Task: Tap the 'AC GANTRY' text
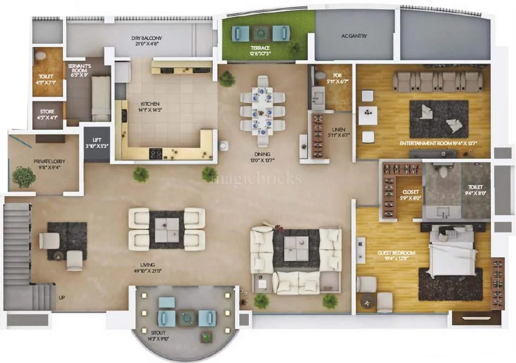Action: pos(354,36)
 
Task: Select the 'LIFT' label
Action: pos(97,140)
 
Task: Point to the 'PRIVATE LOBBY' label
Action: pos(49,162)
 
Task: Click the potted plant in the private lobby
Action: pos(24,177)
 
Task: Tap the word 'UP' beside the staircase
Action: pos(61,298)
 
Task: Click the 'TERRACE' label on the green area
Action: pos(260,48)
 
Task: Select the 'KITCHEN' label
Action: pos(150,104)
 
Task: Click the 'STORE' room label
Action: pos(47,112)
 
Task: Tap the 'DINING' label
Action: pos(261,154)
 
